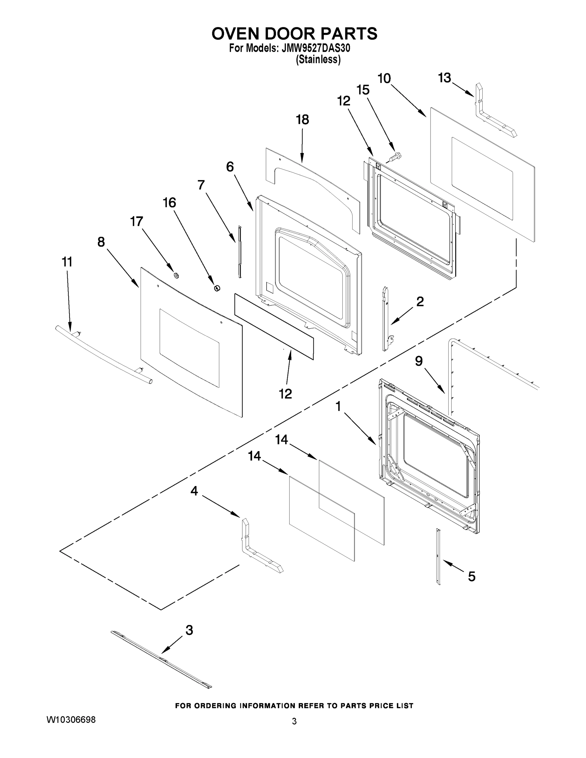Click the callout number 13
444,78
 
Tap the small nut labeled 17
176,275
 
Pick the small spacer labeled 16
217,288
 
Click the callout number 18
302,120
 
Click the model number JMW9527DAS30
316,48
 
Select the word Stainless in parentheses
318,60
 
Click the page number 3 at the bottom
294,722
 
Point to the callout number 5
471,576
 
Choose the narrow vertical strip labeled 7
239,252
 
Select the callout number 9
419,361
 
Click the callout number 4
194,491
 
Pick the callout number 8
101,242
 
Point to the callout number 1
338,406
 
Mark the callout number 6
230,167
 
